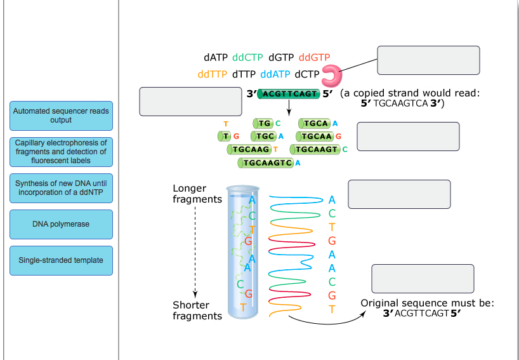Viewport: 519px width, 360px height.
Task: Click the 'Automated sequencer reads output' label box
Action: click(x=61, y=116)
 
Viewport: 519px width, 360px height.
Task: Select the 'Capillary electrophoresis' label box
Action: click(x=61, y=152)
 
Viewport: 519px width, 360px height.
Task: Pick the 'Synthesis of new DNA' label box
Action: click(x=61, y=188)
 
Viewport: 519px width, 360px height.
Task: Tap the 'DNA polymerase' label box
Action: click(x=61, y=224)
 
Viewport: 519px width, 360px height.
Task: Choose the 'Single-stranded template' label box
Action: click(x=61, y=260)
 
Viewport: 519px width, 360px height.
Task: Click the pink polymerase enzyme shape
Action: click(x=331, y=76)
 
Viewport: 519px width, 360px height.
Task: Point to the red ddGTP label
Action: click(x=314, y=57)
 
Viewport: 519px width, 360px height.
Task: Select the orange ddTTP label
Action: click(x=212, y=74)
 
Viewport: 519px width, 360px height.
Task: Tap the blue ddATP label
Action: click(x=275, y=74)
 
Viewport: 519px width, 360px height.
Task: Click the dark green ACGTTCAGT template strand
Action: click(x=289, y=93)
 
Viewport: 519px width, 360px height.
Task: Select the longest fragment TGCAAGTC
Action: click(x=266, y=163)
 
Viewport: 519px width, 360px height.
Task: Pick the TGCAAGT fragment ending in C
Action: click(x=316, y=149)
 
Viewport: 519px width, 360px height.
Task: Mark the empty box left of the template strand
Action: click(x=190, y=101)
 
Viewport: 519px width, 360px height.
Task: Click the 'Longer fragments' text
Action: click(x=197, y=194)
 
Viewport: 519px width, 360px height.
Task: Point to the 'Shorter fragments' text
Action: click(x=197, y=310)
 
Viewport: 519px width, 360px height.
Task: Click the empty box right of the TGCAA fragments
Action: click(x=408, y=137)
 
